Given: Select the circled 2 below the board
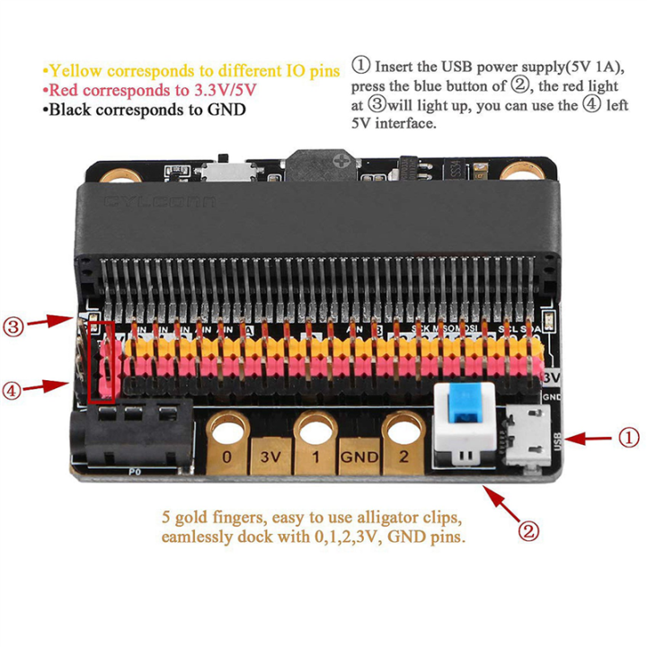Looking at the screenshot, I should [529, 530].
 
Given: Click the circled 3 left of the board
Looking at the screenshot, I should [13, 326].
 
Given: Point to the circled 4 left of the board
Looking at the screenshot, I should [13, 389].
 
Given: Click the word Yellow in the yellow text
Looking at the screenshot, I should [75, 70].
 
